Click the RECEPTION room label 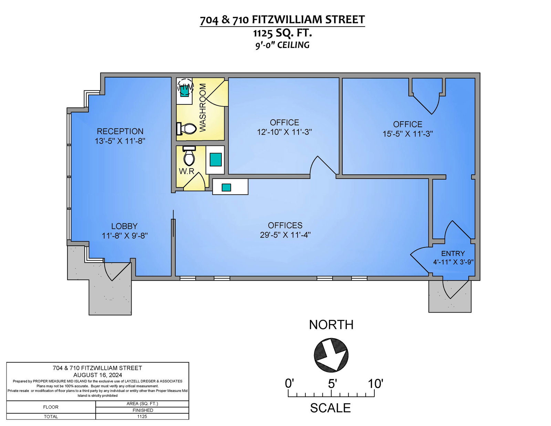[x=120, y=131]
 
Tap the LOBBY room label [x=124, y=226]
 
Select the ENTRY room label [x=453, y=253]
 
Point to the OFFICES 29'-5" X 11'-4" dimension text [x=285, y=235]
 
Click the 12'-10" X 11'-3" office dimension [x=284, y=132]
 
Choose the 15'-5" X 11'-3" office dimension [x=407, y=134]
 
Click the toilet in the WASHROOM [x=187, y=129]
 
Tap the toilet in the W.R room [x=189, y=156]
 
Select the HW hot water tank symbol [x=185, y=88]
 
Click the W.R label [x=187, y=171]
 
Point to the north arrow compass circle [x=331, y=355]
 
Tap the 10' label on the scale [x=375, y=384]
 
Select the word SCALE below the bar [x=330, y=408]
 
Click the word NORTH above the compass [x=331, y=325]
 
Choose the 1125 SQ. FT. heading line [x=282, y=33]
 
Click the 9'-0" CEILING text [x=282, y=45]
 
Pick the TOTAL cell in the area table [x=51, y=417]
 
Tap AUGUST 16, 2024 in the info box [x=97, y=375]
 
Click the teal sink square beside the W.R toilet [x=216, y=160]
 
